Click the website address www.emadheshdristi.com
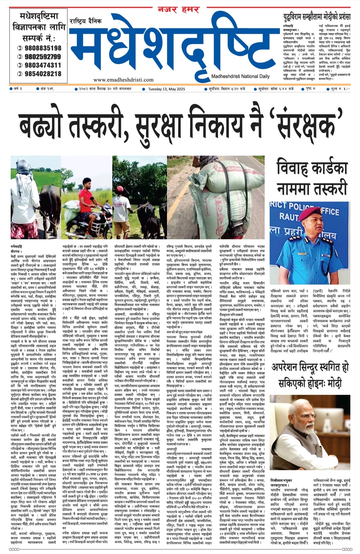click(x=123, y=80)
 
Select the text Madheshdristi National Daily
click(x=240, y=76)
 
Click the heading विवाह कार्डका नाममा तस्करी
click(x=312, y=179)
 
